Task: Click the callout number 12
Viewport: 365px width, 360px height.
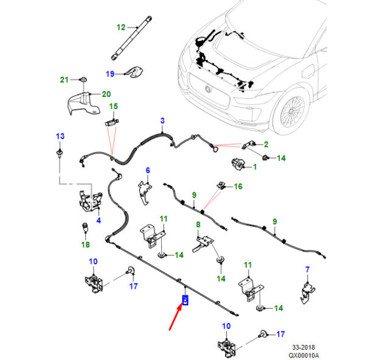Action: tap(121, 27)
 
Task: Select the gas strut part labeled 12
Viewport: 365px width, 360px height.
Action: tap(131, 38)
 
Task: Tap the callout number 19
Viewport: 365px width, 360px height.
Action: tap(110, 74)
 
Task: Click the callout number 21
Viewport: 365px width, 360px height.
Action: tap(64, 80)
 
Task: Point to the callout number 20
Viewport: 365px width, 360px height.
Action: tap(106, 94)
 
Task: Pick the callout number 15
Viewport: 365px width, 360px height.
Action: tap(114, 107)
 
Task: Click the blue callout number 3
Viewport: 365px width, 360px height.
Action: tap(162, 121)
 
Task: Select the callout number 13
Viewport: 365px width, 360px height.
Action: tap(60, 136)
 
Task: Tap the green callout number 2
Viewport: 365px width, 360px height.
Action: tap(266, 144)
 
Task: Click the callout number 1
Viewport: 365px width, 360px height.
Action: tap(255, 167)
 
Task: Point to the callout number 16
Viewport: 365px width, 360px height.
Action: tap(238, 186)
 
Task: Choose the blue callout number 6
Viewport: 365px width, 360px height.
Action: tap(148, 170)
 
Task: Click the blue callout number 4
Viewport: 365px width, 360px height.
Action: tap(99, 221)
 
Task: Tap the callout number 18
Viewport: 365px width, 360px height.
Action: tap(85, 245)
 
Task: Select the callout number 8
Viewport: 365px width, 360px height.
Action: tap(198, 225)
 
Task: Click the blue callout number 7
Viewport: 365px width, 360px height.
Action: tap(307, 269)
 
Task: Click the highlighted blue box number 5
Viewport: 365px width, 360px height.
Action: tap(186, 300)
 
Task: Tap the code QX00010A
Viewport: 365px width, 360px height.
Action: tap(304, 355)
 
